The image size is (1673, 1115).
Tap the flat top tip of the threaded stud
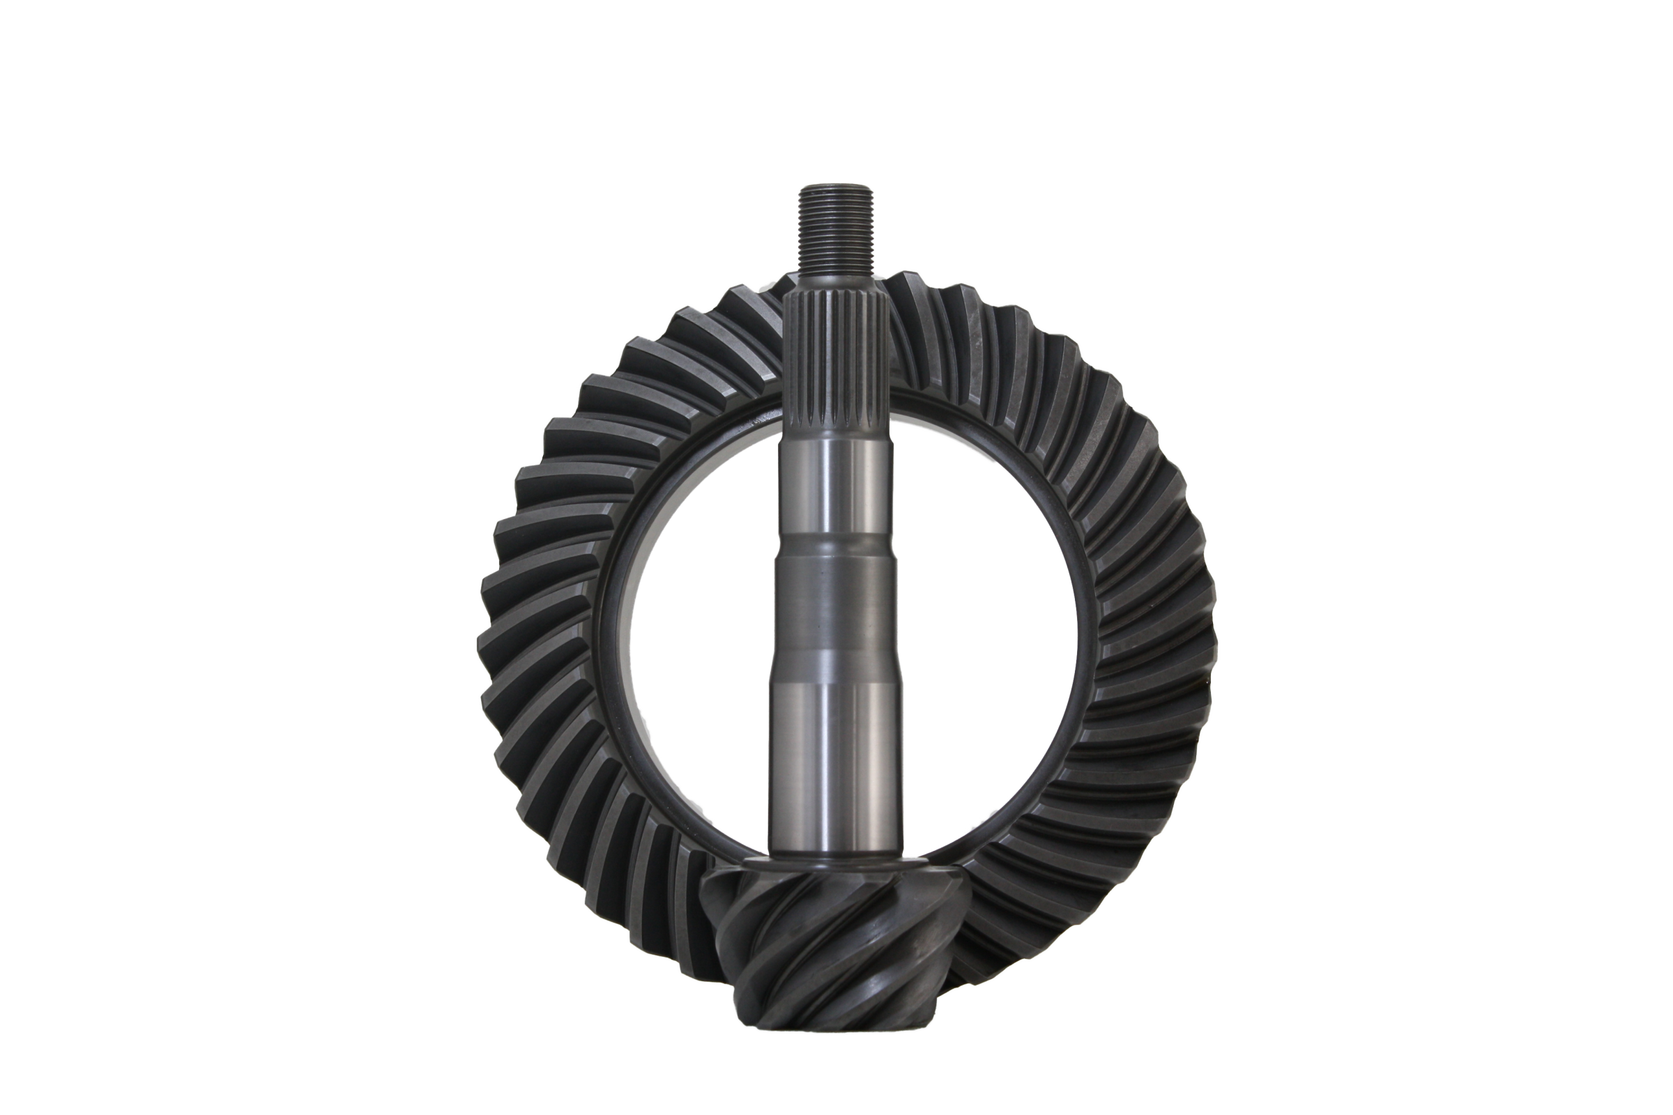coord(837,186)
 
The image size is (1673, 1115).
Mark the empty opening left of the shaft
coord(697,640)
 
